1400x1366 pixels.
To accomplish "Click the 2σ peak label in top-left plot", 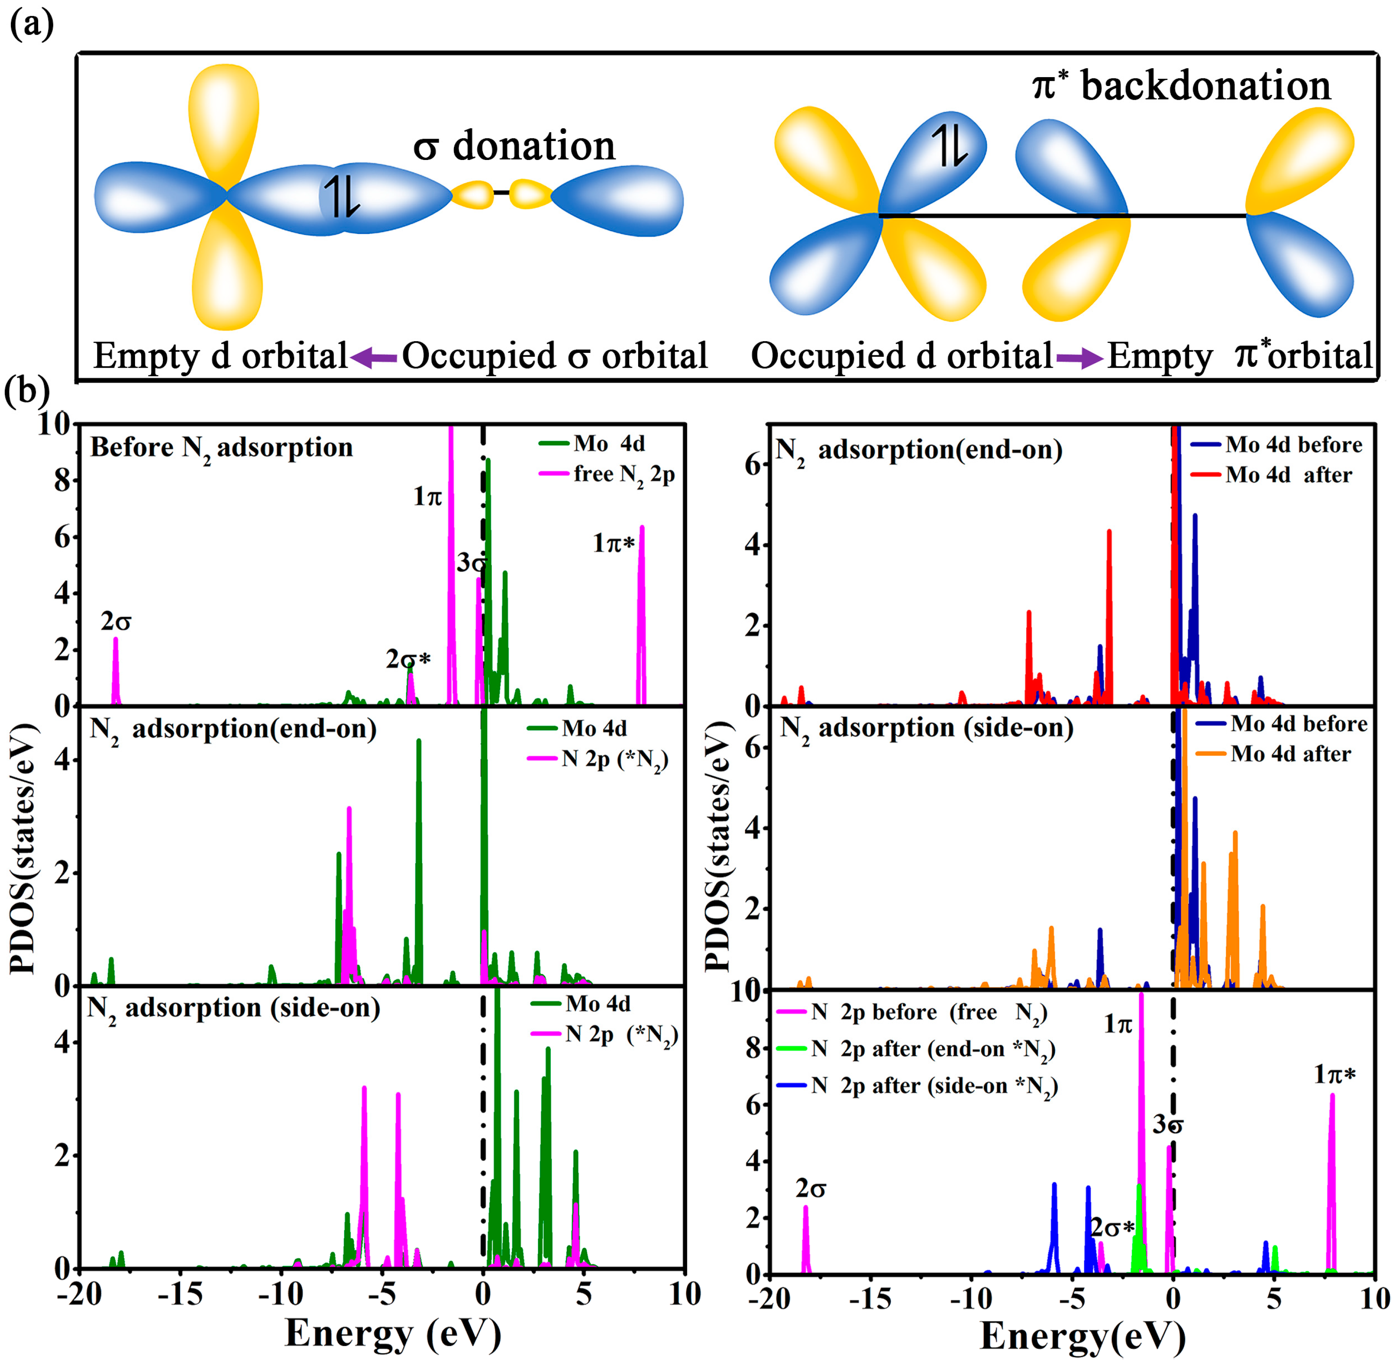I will [115, 621].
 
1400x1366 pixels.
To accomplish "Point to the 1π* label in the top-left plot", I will [614, 544].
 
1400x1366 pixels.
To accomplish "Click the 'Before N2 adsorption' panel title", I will [221, 448].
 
